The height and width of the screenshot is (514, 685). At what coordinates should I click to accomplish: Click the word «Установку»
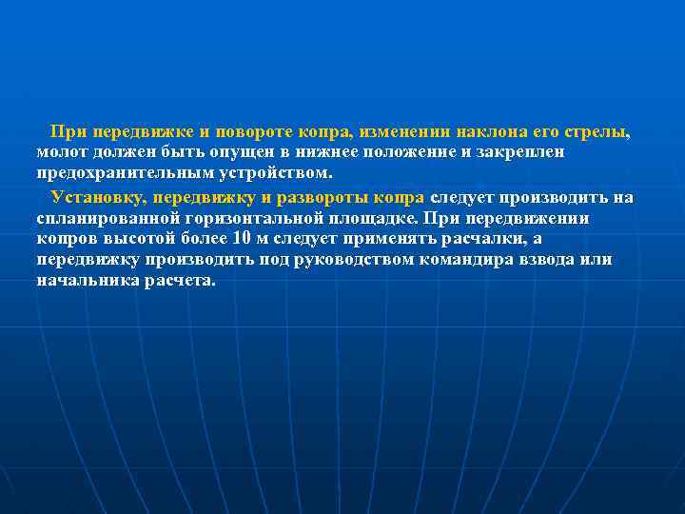[100, 198]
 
